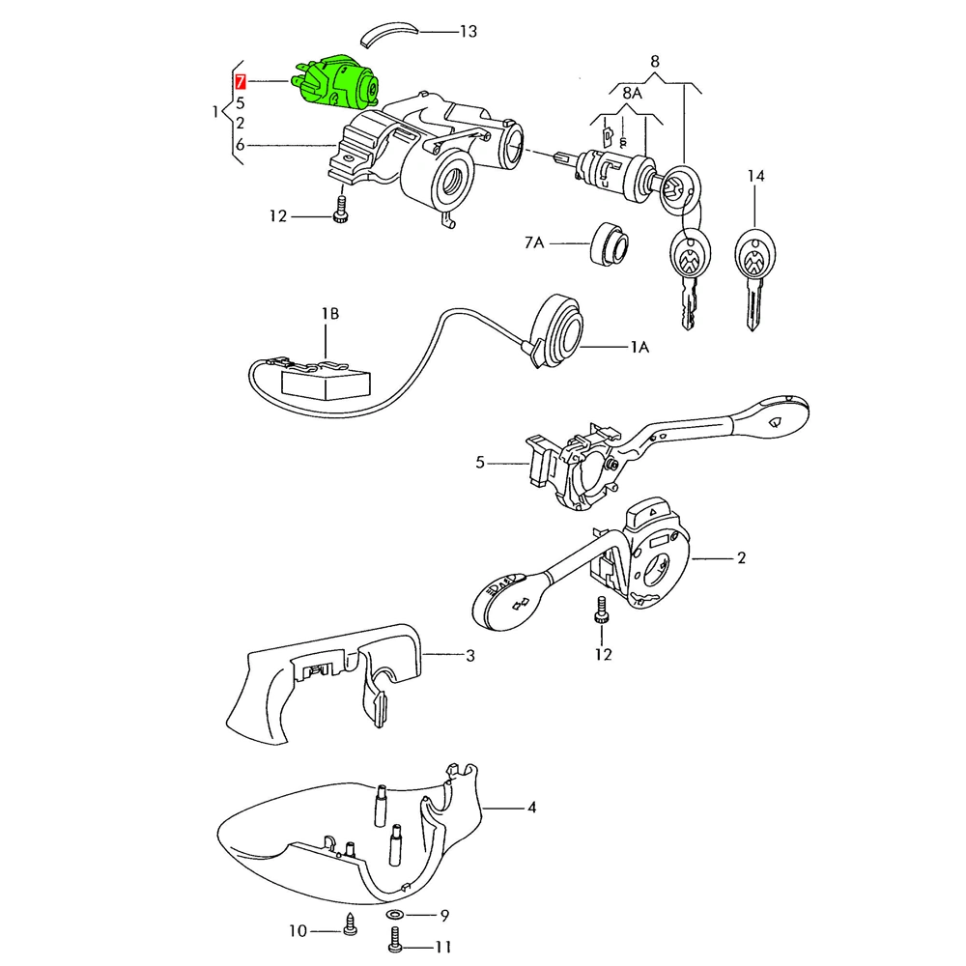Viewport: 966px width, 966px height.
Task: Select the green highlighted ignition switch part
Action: click(339, 79)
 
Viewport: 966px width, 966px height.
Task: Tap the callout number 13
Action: click(469, 32)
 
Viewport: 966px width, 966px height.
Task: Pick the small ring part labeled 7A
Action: click(608, 242)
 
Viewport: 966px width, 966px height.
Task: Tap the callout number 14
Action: click(755, 177)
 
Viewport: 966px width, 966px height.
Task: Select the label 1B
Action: click(330, 314)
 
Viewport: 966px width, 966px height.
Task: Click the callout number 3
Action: click(469, 657)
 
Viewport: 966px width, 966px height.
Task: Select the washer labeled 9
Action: click(396, 914)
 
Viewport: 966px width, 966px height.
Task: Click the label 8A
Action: click(632, 93)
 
